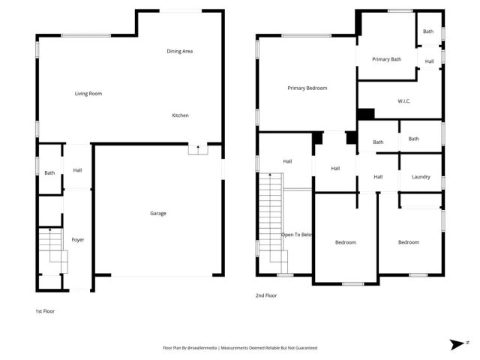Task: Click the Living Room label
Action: click(88, 94)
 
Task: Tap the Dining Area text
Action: click(180, 51)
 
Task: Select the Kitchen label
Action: click(180, 115)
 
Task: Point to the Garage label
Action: click(157, 214)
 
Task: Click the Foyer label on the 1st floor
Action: click(77, 240)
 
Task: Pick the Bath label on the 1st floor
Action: click(49, 173)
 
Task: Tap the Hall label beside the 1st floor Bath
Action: click(77, 171)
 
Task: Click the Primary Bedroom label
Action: click(307, 88)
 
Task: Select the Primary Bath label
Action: click(386, 59)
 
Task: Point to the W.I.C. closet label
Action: click(403, 101)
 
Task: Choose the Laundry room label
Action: click(421, 177)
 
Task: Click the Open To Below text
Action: click(297, 235)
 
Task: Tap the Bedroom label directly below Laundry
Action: click(408, 242)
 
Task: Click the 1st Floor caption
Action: click(45, 310)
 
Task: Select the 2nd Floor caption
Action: click(266, 295)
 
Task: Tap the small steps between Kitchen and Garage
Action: click(197, 149)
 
